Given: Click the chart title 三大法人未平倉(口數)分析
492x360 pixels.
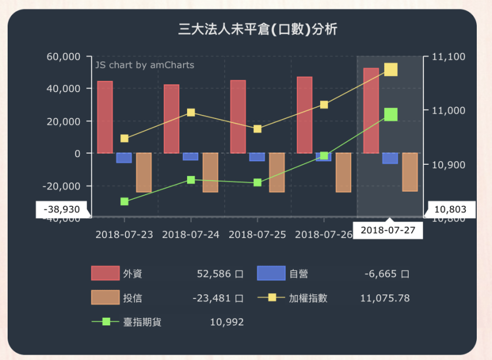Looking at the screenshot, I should (257, 29).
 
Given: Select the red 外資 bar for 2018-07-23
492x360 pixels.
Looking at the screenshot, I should (105, 117).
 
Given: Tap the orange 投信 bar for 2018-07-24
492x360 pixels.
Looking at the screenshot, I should (210, 172).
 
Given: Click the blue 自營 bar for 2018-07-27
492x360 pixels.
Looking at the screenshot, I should (390, 158).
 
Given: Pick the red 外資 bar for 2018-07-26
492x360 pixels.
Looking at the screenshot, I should (304, 115).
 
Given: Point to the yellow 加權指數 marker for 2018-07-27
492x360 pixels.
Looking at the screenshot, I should (391, 70).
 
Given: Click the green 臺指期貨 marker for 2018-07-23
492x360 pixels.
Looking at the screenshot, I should (124, 201).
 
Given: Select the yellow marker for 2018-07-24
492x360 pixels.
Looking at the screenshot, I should (191, 113).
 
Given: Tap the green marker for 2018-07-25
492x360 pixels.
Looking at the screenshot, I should (257, 182).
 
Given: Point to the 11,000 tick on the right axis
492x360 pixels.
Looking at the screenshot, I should (448, 111).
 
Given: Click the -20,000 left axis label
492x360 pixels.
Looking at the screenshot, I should (65, 186).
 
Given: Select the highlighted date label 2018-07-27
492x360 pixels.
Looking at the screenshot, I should (388, 230).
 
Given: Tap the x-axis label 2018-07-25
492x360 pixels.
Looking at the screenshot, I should (257, 235).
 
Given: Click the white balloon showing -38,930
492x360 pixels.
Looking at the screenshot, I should (62, 209).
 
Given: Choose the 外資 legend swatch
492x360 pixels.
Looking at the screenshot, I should (105, 273).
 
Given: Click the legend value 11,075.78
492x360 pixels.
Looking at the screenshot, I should (384, 298).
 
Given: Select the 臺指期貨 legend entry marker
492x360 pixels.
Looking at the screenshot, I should (106, 322).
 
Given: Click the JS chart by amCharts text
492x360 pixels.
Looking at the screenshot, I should (144, 65).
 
